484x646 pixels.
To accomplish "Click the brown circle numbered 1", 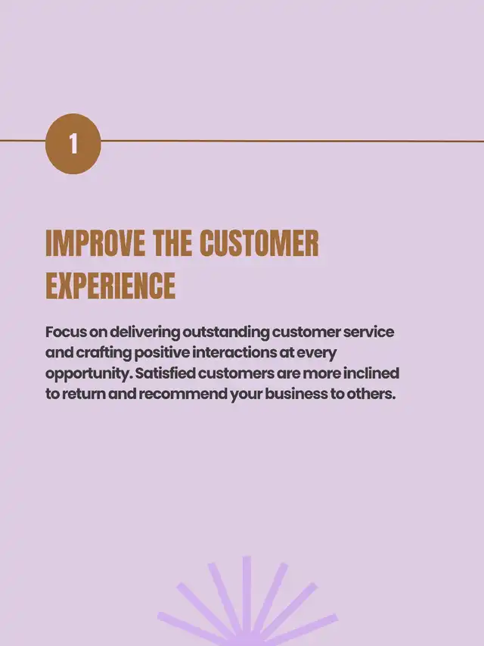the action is pos(73,143).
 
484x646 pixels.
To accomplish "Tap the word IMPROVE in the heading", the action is pos(95,244).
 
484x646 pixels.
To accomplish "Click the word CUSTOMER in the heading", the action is pos(259,244).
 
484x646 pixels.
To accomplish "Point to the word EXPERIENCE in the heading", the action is pos(110,285).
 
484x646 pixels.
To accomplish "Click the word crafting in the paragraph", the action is pos(104,354).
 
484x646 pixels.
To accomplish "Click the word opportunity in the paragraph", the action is pos(88,374).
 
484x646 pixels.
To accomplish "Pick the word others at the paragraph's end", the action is pos(371,394).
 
